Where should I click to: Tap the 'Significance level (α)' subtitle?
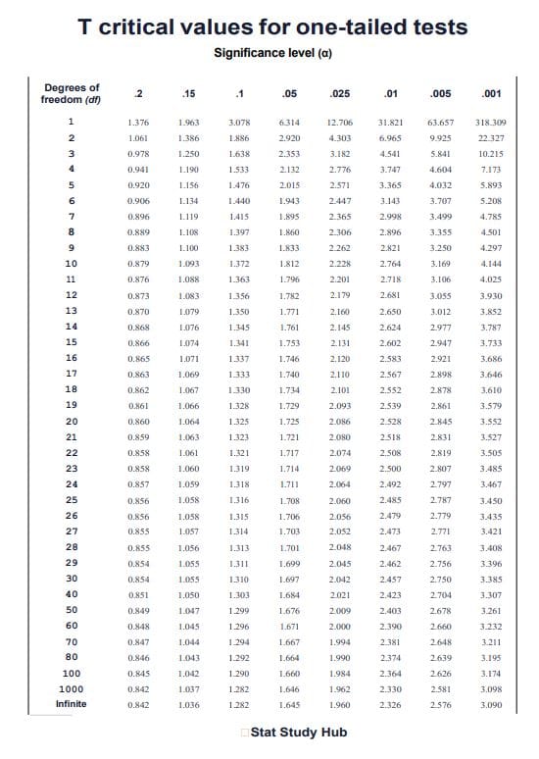click(x=271, y=51)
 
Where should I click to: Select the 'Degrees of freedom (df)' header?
click(x=70, y=94)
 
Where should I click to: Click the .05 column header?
click(x=289, y=94)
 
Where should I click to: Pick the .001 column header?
click(x=492, y=94)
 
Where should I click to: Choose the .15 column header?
click(x=189, y=94)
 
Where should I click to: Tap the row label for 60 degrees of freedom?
click(x=71, y=625)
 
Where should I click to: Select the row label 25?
click(x=71, y=500)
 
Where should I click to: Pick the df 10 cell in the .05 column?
click(x=289, y=264)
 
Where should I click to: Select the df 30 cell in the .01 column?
click(x=390, y=579)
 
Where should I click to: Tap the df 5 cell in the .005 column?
click(x=441, y=185)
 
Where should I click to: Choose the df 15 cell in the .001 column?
click(x=491, y=342)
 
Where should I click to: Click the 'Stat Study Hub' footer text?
click(x=297, y=733)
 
